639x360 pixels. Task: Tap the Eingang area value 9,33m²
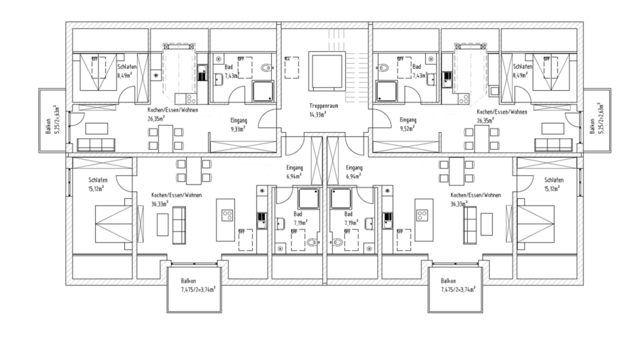[238, 130]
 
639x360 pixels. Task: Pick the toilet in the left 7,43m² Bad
[267, 69]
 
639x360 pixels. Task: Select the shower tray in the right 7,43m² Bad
[387, 91]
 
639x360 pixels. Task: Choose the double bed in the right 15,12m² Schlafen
[537, 220]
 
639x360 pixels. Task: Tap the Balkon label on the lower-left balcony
[188, 281]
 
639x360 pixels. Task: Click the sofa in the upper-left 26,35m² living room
[95, 145]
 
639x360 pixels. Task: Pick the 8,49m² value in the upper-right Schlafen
[521, 75]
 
